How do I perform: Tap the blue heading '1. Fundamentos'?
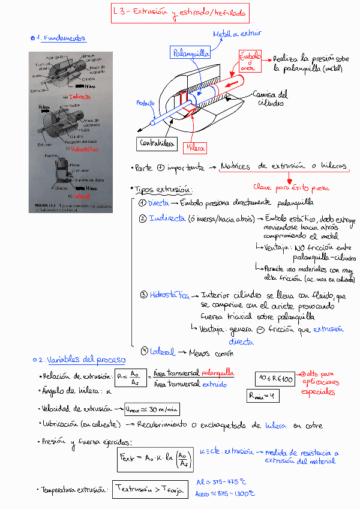[x=60, y=38]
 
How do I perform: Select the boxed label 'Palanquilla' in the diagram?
[x=190, y=53]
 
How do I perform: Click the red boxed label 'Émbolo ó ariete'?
[x=250, y=61]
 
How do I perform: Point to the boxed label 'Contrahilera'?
[x=158, y=143]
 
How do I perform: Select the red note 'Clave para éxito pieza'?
[x=292, y=187]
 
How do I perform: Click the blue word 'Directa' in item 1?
[x=158, y=203]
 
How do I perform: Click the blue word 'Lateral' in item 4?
[x=163, y=352]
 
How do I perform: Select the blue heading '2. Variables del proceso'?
[x=82, y=360]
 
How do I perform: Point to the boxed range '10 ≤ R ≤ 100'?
[x=275, y=379]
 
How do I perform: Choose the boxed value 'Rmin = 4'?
[x=263, y=396]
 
